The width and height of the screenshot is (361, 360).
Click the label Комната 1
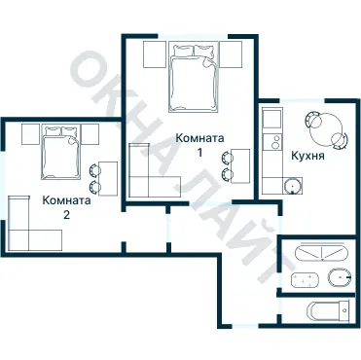coord(199,145)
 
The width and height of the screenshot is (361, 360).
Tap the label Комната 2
coord(66,207)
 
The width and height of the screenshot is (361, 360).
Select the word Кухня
coord(307,156)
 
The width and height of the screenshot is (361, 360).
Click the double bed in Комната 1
coord(193,78)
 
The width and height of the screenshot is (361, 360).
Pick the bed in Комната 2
coord(60,153)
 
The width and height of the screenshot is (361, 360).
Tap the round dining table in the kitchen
coord(325,130)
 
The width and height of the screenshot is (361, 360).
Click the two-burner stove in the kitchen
coord(272,142)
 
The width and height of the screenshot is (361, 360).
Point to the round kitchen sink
coord(293,186)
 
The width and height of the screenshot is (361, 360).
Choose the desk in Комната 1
coord(240,165)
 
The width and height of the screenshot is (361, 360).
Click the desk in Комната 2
coord(108,178)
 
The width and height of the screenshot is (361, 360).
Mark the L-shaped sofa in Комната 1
coord(139,187)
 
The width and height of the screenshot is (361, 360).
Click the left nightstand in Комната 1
coord(155,54)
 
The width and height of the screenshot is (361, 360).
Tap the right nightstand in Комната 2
coord(90,134)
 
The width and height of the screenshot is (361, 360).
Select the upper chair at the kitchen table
coord(313,119)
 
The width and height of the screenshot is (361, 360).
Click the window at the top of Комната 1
coord(193,36)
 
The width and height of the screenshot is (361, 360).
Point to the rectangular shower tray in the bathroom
coord(305,280)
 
